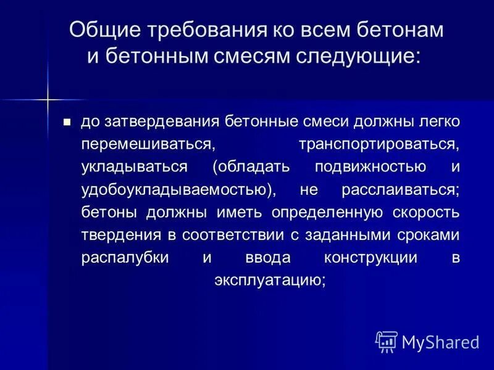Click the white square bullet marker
pyautogui.click(x=68, y=121)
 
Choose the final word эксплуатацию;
pyautogui.click(x=270, y=279)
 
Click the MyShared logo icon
pyautogui.click(x=386, y=341)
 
